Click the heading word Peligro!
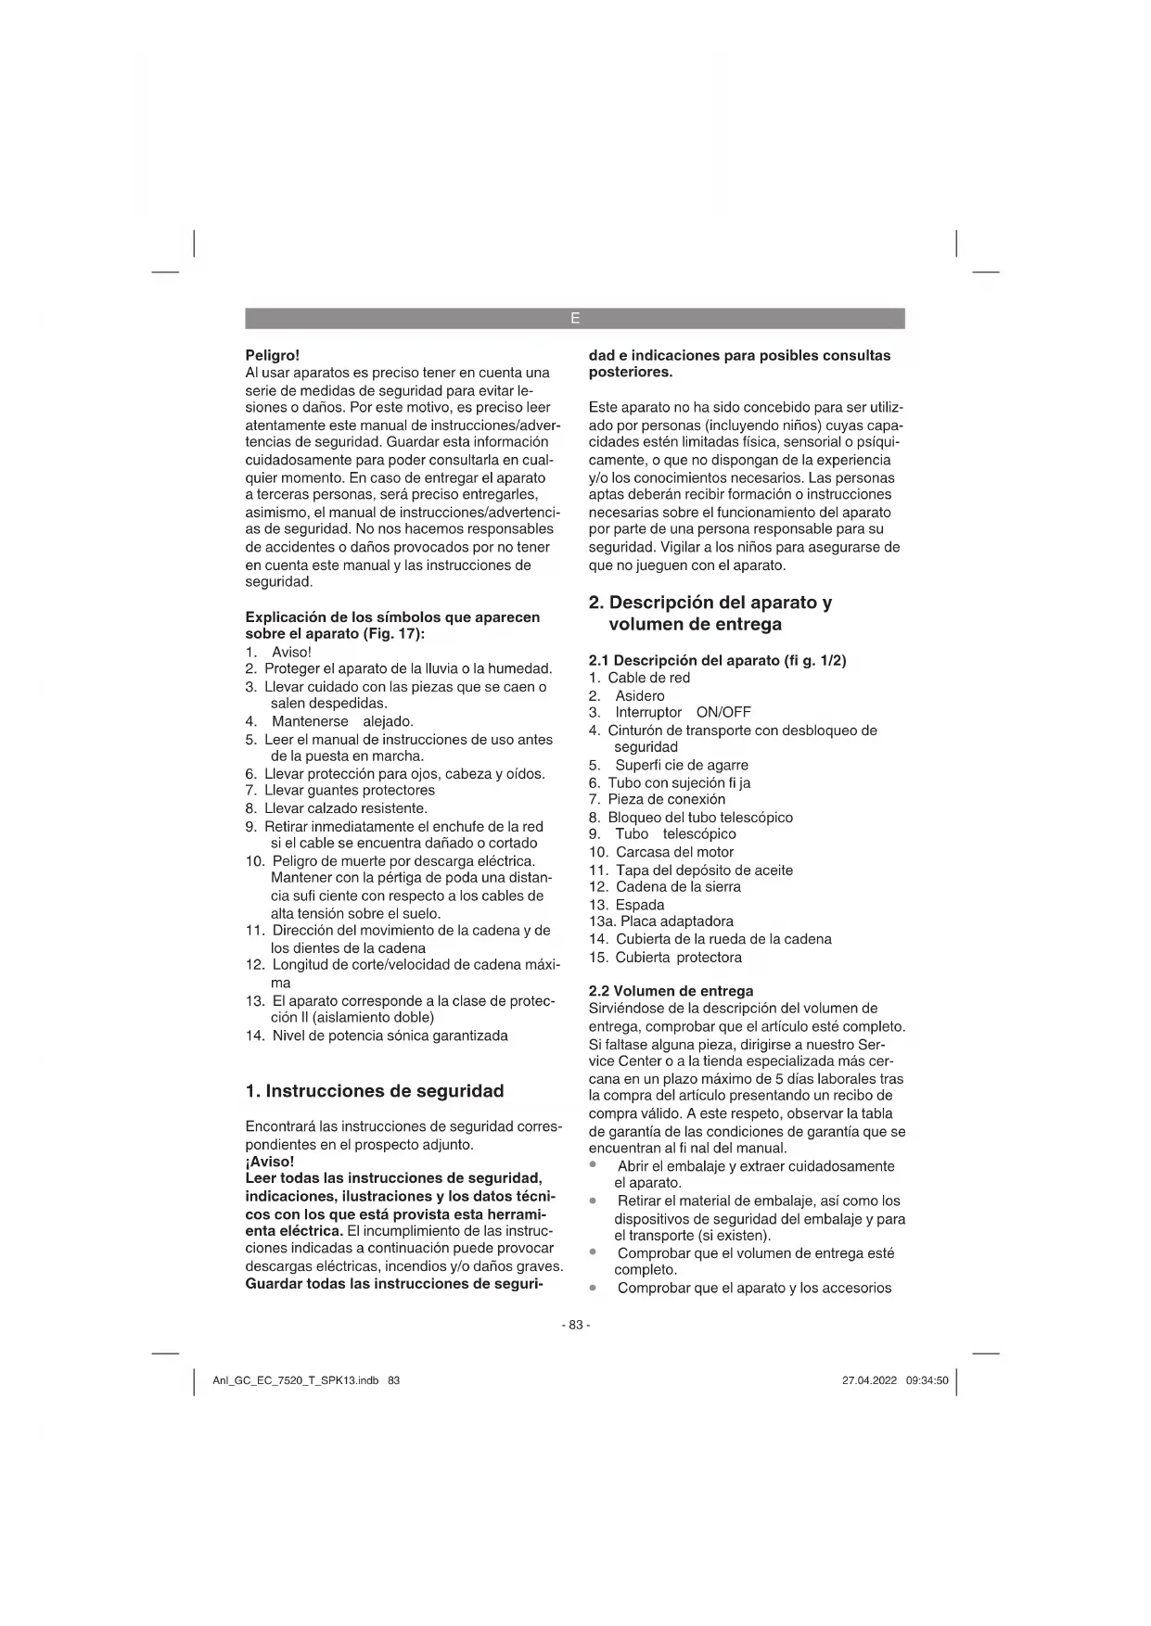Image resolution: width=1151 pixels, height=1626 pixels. (x=272, y=355)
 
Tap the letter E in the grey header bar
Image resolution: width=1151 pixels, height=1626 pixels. (x=575, y=319)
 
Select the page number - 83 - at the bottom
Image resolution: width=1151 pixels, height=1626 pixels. (x=575, y=1325)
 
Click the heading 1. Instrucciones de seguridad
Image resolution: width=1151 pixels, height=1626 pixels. (x=375, y=1091)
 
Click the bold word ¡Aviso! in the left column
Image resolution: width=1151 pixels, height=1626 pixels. (x=269, y=1162)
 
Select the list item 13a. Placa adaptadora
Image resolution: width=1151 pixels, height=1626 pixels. (x=660, y=921)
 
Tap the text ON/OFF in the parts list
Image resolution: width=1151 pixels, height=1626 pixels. (x=723, y=713)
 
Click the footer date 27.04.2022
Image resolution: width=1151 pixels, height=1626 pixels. (x=869, y=1380)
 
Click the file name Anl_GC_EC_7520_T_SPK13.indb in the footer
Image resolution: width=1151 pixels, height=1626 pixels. (x=296, y=1380)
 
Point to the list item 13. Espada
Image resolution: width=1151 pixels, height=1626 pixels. (x=626, y=905)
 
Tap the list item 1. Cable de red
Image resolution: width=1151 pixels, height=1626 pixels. (x=639, y=678)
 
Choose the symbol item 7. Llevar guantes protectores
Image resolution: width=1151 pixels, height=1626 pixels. (x=339, y=791)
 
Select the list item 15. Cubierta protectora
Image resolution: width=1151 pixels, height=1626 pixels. (x=665, y=958)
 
